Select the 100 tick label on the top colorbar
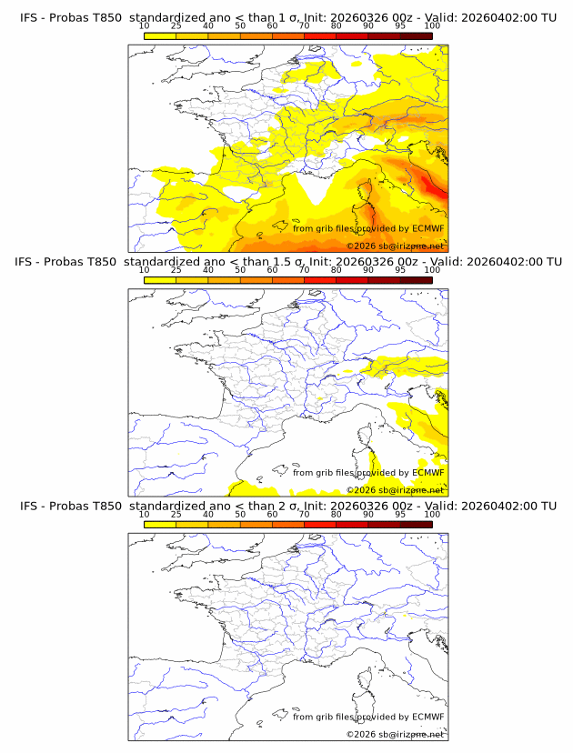pyautogui.click(x=432, y=26)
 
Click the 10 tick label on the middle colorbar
pyautogui.click(x=144, y=271)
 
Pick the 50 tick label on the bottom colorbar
pyautogui.click(x=240, y=515)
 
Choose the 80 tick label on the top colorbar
pyautogui.click(x=337, y=26)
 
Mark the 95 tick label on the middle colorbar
pyautogui.click(x=400, y=271)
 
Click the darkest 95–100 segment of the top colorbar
pyautogui.click(x=416, y=36)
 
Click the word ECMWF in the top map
pyautogui.click(x=427, y=228)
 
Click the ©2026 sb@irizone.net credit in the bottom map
pyautogui.click(x=395, y=734)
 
